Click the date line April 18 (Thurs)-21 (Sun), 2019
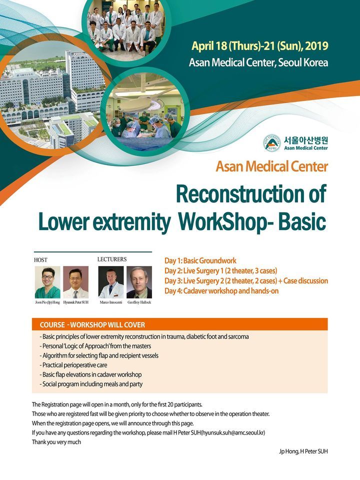pos(260,46)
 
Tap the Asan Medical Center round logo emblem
pos(271,142)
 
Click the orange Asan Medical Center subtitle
pos(271,166)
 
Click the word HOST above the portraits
pos(40,260)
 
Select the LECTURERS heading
pos(111,259)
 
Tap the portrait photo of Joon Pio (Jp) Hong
pos(47,282)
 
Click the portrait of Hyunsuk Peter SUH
pos(75,282)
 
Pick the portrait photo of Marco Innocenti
pos(110,282)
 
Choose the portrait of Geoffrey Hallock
pos(139,282)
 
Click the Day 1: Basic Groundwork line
pos(200,260)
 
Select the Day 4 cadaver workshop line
pos(221,290)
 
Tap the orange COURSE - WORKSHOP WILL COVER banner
pos(179,324)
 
